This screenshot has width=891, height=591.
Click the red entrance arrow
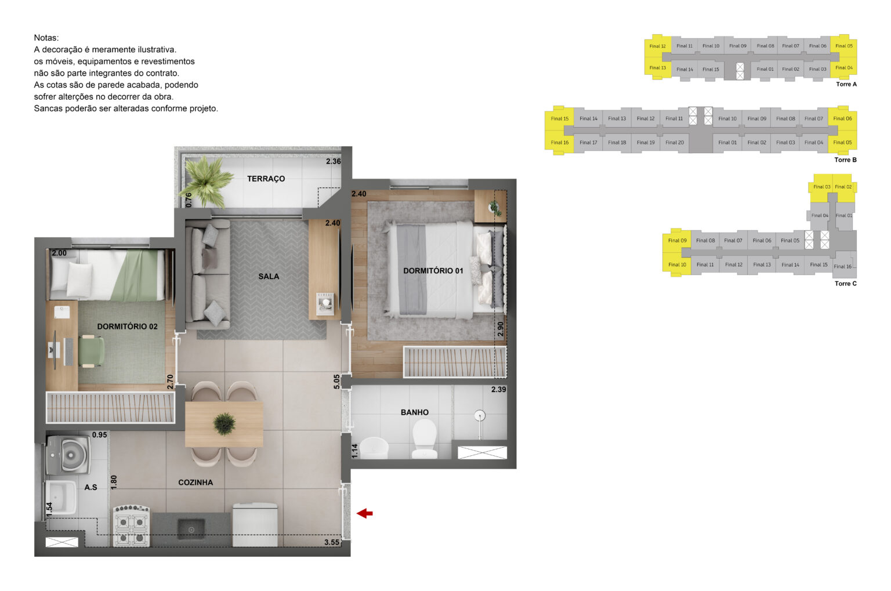coord(364,513)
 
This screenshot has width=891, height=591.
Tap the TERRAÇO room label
coord(266,179)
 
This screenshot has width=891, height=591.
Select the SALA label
coord(269,277)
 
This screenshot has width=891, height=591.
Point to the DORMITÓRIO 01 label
coord(433,271)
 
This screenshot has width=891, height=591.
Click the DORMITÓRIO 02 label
coord(127,327)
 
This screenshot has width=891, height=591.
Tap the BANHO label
coord(414,412)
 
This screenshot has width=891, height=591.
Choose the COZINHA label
coord(195,483)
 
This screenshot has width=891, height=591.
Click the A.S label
coord(90,487)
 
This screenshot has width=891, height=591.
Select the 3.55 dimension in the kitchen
coord(332,542)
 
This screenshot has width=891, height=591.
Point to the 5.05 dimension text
coord(336,381)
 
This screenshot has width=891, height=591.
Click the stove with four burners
coord(131,526)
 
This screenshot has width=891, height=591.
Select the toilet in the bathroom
coord(424,438)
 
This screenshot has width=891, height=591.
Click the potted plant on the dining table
coord(224,424)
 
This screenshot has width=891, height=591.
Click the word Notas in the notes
coord(46,38)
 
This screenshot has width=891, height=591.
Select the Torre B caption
coord(845,160)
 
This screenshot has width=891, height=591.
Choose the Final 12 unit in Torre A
coord(657,46)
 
